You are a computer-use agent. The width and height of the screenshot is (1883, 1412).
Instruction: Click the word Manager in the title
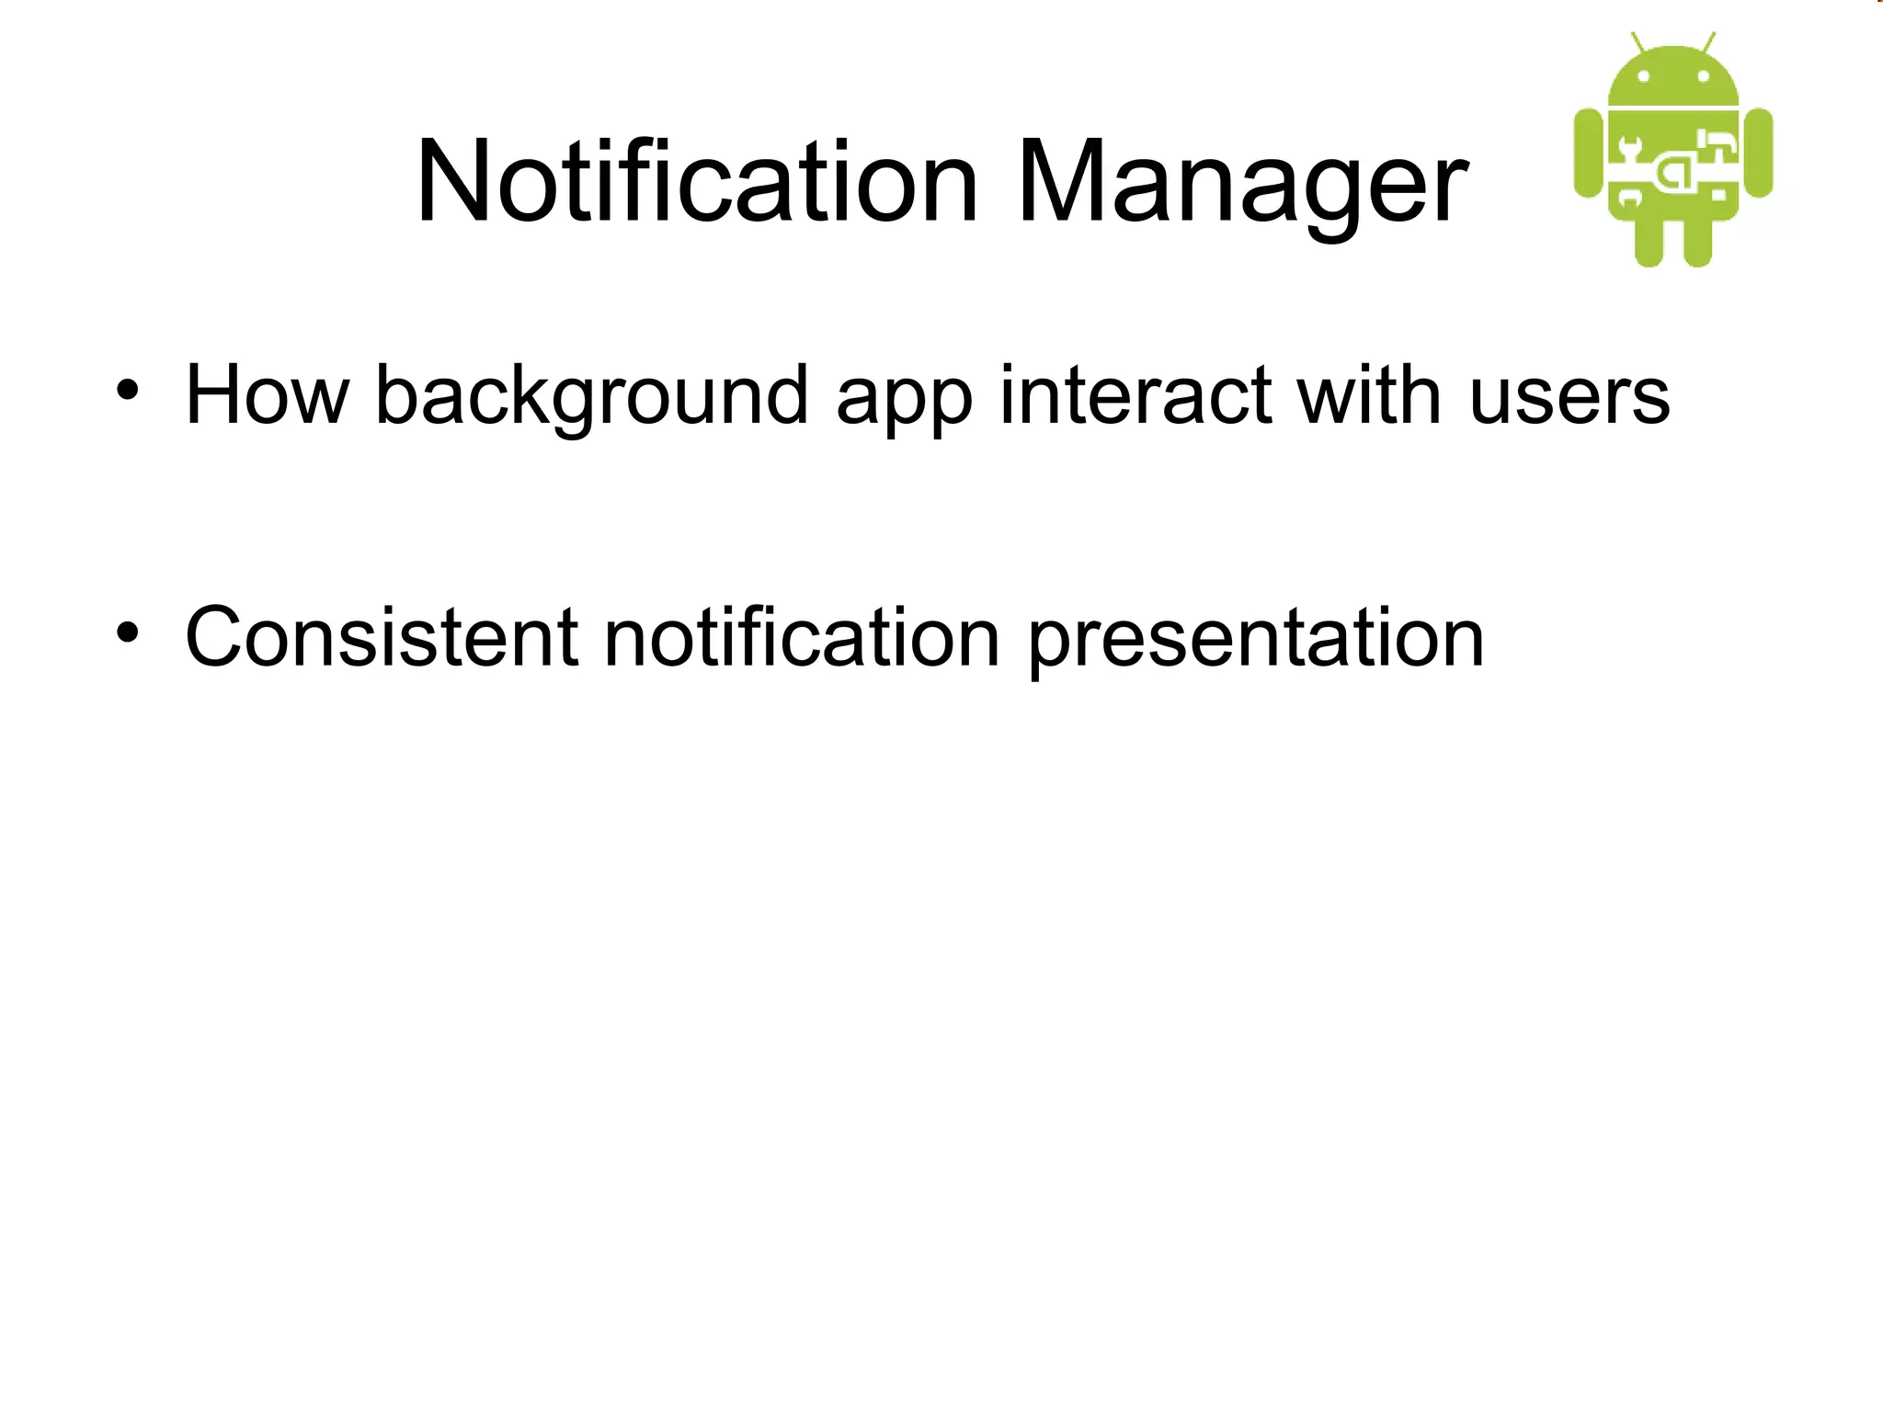[x=1241, y=181]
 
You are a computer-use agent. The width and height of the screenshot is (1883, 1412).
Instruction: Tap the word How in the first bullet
[x=267, y=395]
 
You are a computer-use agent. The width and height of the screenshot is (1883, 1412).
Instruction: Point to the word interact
[x=1136, y=395]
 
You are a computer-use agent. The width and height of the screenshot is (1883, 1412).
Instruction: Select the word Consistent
[x=382, y=637]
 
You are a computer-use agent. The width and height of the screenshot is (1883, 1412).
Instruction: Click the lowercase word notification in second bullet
[x=801, y=637]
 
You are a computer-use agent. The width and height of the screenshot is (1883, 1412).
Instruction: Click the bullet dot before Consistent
[x=128, y=633]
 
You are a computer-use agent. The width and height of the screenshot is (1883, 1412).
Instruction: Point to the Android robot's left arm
[x=1589, y=153]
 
